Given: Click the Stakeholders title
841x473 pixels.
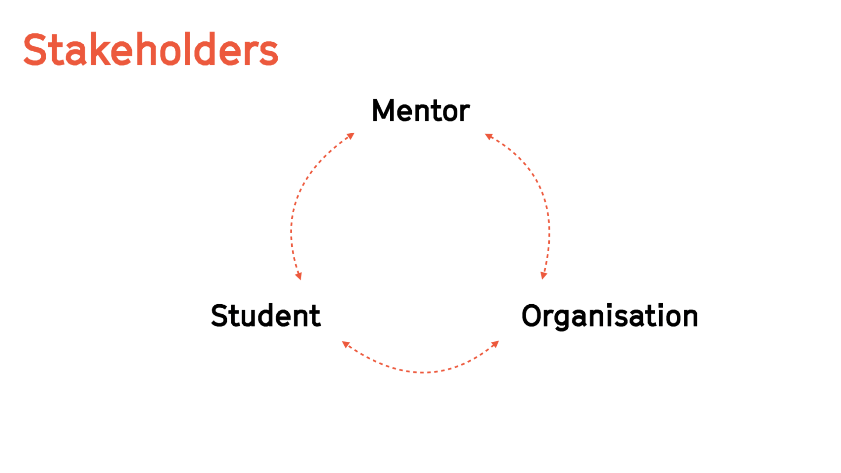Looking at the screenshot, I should [x=150, y=50].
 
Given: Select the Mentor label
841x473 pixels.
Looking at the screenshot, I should [x=420, y=110].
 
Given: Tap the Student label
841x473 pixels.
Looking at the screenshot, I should [x=265, y=316].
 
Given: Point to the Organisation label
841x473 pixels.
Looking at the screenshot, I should [x=609, y=316].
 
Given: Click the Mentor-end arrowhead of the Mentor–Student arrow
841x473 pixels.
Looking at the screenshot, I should [x=351, y=136].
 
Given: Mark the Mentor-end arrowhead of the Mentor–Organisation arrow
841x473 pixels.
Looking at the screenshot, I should [x=488, y=136].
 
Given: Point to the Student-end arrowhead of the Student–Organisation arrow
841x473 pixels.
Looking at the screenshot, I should [x=346, y=344].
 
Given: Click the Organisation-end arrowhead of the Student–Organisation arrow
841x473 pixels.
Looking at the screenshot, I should [x=495, y=344].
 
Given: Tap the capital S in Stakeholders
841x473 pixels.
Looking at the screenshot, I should [x=35, y=50].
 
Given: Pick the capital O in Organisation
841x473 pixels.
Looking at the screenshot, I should [x=532, y=316].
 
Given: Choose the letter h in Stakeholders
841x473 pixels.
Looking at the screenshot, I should [x=147, y=50].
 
